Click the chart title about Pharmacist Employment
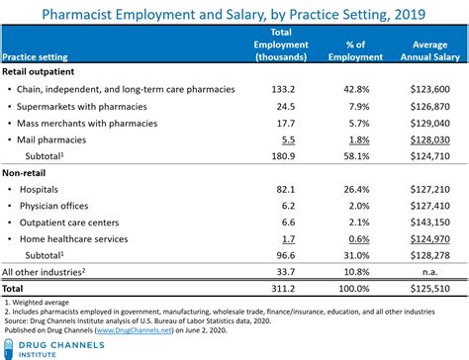point(234,13)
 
